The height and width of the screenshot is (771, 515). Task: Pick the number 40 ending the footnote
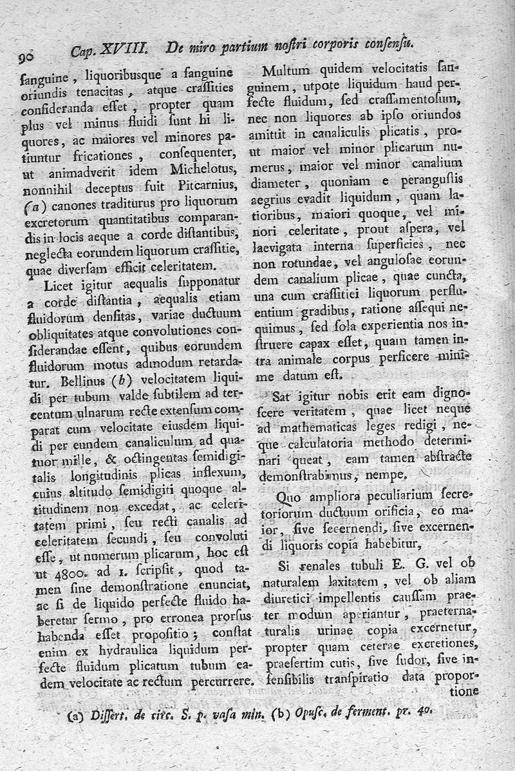pyautogui.click(x=422, y=711)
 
